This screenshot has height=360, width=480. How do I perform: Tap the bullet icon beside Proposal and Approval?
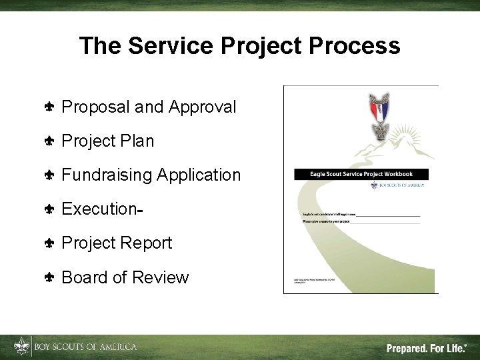(x=49, y=107)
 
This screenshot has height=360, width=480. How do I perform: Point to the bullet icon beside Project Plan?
(x=49, y=141)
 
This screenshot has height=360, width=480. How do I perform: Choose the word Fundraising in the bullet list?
(x=107, y=175)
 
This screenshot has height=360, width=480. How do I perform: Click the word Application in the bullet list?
(x=199, y=175)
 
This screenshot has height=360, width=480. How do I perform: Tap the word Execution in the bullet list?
(x=99, y=209)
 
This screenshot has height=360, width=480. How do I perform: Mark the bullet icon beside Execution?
(x=49, y=209)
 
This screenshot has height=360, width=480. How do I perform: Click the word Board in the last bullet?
(x=85, y=277)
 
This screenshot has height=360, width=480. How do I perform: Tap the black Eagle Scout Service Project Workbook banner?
(x=362, y=174)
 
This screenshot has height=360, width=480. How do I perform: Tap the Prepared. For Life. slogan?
(x=427, y=347)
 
